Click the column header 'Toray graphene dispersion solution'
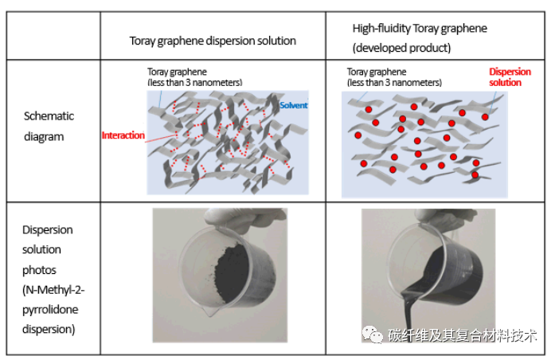pos(213,41)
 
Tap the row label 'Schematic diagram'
pos(49,126)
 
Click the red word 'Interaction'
pos(123,135)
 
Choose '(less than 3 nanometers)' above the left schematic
pos(195,82)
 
